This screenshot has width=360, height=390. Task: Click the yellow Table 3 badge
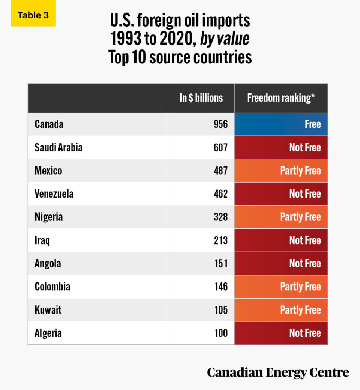(33, 15)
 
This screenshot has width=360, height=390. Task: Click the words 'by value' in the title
(225, 39)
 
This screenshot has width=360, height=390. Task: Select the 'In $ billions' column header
(201, 98)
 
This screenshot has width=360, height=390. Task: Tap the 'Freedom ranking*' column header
(281, 98)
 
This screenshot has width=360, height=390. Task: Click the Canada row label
(49, 124)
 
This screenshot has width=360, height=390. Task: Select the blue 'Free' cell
(281, 124)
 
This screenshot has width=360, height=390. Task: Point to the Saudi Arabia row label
(58, 147)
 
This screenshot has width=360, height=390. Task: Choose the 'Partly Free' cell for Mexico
(281, 171)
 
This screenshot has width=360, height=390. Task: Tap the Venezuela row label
(54, 194)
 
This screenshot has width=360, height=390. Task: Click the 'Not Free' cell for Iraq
(281, 240)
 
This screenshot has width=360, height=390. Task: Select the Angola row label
(48, 263)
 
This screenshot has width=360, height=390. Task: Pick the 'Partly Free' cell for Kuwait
(281, 310)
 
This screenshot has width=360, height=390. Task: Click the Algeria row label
(48, 333)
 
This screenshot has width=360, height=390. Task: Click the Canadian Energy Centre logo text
(278, 372)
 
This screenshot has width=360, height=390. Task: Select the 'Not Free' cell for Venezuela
(281, 194)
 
